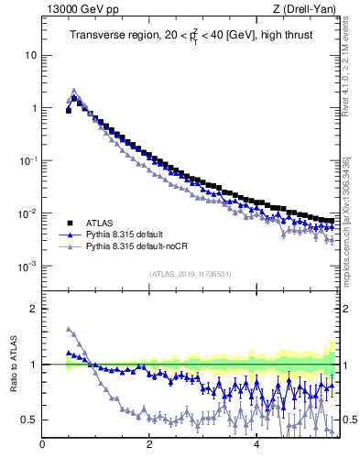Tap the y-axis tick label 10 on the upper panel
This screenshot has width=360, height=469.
pyautogui.click(x=31, y=55)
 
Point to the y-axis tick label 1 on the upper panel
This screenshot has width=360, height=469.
pyautogui.click(x=34, y=108)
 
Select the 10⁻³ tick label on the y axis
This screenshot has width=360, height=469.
pyautogui.click(x=29, y=267)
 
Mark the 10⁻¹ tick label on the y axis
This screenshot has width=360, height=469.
pyautogui.click(x=29, y=161)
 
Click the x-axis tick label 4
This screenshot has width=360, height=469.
pyautogui.click(x=256, y=445)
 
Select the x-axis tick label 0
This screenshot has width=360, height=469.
pyautogui.click(x=42, y=445)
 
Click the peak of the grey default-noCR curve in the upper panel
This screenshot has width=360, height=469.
pyautogui.click(x=74, y=91)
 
